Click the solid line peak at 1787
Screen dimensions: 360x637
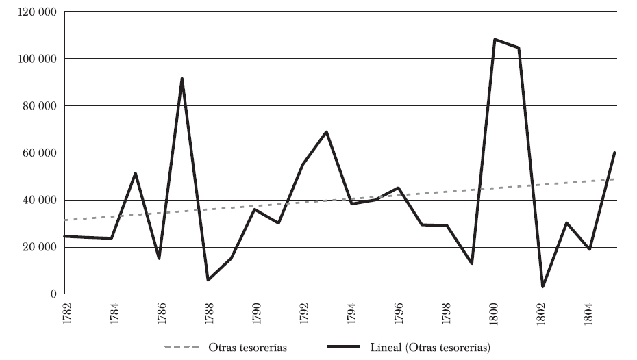pos(182,79)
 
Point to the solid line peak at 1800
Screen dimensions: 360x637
pos(495,40)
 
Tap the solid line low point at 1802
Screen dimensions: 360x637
pos(542,286)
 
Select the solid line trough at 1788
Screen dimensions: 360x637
pos(207,280)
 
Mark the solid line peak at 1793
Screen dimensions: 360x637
pos(327,131)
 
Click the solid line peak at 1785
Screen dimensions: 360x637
pos(136,173)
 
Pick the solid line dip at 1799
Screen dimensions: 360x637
pos(471,263)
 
